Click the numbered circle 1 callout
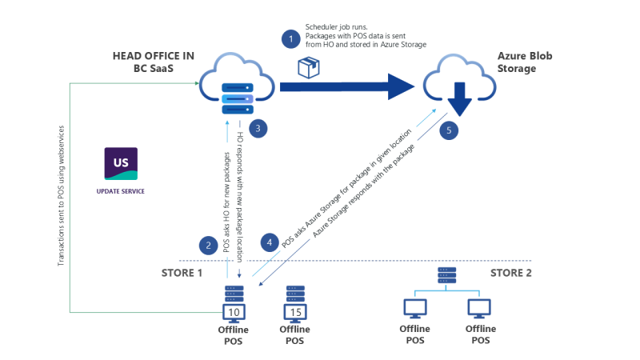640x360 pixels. (x=290, y=38)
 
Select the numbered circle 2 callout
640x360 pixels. (x=208, y=245)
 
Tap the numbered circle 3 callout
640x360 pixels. (x=256, y=127)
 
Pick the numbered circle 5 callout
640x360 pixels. (x=450, y=128)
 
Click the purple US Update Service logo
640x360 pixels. (x=121, y=163)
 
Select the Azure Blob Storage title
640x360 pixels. (x=525, y=62)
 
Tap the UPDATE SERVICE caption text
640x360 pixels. (x=121, y=192)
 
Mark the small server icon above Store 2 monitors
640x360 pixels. (x=446, y=275)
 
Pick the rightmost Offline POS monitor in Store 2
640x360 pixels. (x=479, y=309)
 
